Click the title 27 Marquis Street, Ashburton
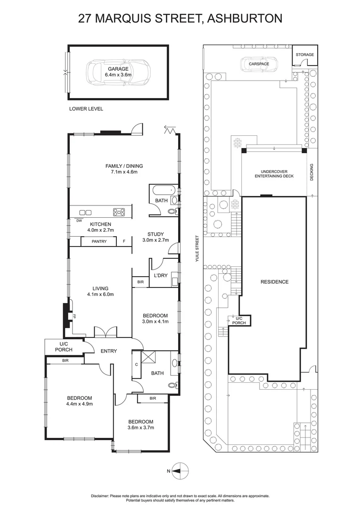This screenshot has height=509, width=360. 180,18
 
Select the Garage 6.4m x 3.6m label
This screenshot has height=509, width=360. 118,72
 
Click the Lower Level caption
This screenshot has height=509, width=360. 86,109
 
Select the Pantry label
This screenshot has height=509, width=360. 99,242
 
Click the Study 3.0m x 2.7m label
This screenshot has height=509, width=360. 155,237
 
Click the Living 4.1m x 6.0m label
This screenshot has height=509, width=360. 100,291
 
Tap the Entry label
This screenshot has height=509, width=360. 108,351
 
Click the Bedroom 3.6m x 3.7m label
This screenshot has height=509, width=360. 141,425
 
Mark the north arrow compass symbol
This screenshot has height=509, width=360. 179,470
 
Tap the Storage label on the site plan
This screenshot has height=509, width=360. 304,55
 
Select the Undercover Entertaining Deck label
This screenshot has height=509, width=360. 274,173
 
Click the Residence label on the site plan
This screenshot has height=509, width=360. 274,282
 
